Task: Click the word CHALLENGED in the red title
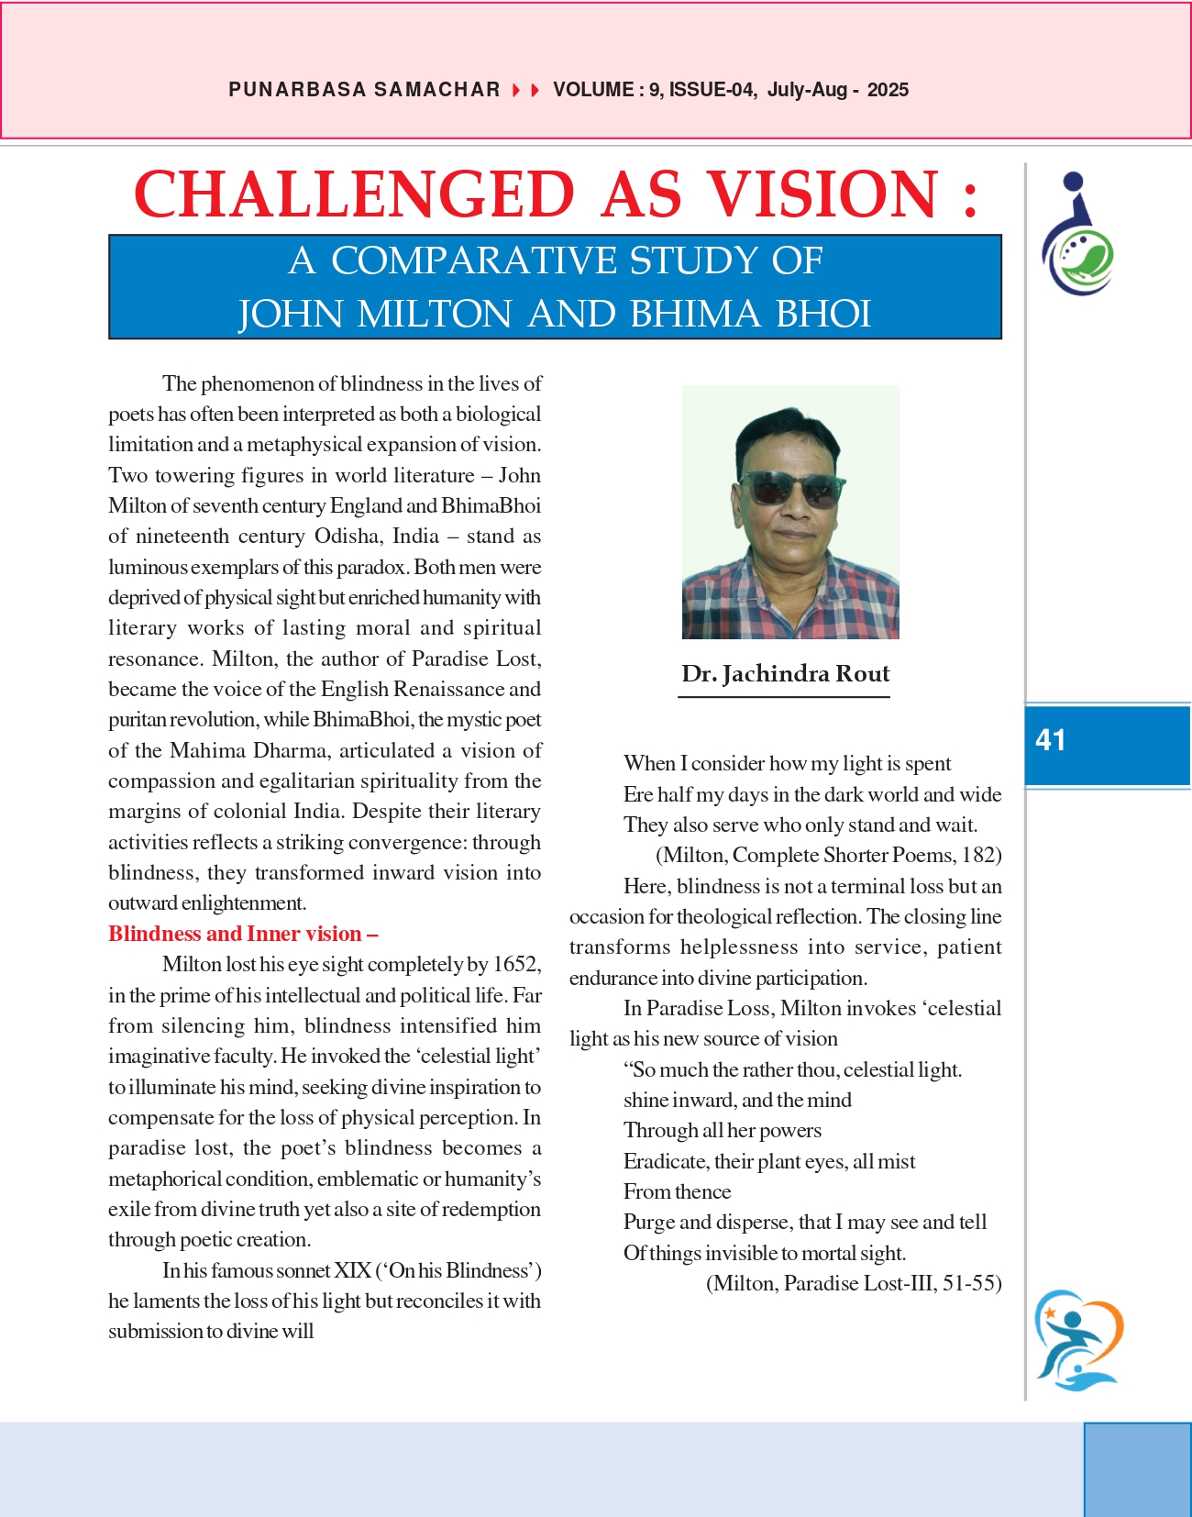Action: [354, 194]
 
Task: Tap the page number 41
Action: [1051, 740]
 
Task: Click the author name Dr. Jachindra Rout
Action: [785, 674]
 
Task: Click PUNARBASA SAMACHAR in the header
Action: [364, 90]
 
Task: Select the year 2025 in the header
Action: [888, 90]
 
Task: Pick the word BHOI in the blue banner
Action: [823, 315]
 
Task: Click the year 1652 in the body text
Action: [516, 965]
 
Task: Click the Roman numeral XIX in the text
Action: [352, 1271]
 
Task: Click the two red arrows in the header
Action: [526, 90]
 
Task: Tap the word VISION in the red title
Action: [822, 194]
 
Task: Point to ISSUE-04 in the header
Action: [712, 90]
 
